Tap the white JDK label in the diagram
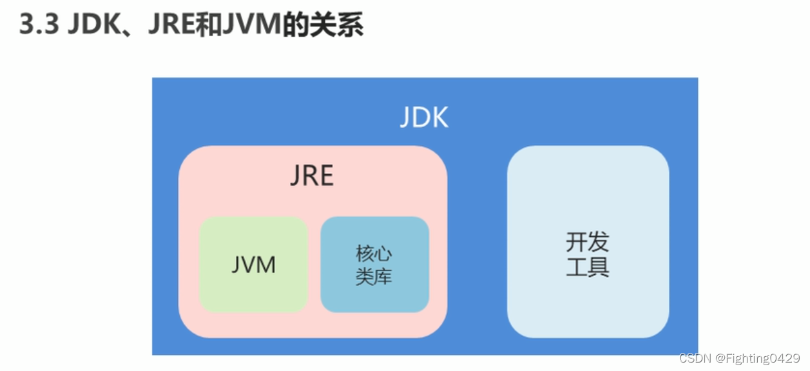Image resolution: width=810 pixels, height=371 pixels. pyautogui.click(x=424, y=118)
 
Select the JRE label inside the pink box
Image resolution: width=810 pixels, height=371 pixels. pyautogui.click(x=312, y=176)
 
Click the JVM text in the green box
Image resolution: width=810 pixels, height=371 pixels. pyautogui.click(x=253, y=265)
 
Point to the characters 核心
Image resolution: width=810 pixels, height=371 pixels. pyautogui.click(x=374, y=253)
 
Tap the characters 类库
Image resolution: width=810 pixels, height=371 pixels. pyautogui.click(x=374, y=277)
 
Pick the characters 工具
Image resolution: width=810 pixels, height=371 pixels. pyautogui.click(x=588, y=266)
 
